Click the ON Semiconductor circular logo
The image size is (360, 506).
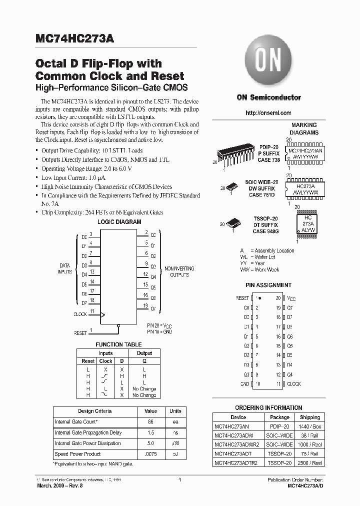click(x=268, y=63)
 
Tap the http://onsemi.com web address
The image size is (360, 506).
click(x=268, y=113)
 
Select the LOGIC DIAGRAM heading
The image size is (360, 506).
click(x=119, y=221)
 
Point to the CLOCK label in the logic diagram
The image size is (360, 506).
click(x=80, y=314)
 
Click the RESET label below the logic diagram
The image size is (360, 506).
click(x=80, y=332)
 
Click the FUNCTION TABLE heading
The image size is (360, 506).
click(x=118, y=344)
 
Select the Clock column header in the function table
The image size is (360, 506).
click(x=105, y=361)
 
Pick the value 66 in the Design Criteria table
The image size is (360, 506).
click(x=150, y=422)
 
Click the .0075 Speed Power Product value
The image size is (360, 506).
click(x=150, y=454)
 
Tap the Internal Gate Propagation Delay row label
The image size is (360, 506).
click(x=87, y=432)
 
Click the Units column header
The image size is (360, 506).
click(x=175, y=411)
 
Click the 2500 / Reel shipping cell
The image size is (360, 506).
click(x=310, y=462)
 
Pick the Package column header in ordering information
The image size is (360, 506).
click(x=279, y=417)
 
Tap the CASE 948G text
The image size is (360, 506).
click(x=266, y=231)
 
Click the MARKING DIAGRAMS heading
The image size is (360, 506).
click(x=304, y=129)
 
